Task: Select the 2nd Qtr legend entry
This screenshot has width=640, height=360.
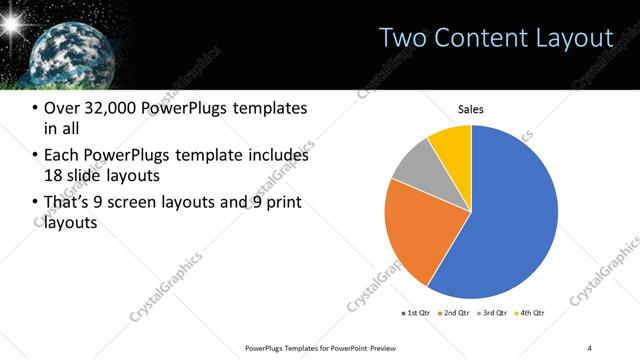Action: [x=456, y=314]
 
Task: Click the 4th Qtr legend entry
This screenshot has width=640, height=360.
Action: [x=531, y=314]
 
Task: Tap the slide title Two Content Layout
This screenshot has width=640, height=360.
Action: [x=496, y=38]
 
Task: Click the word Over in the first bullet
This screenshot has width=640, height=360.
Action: [x=62, y=109]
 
